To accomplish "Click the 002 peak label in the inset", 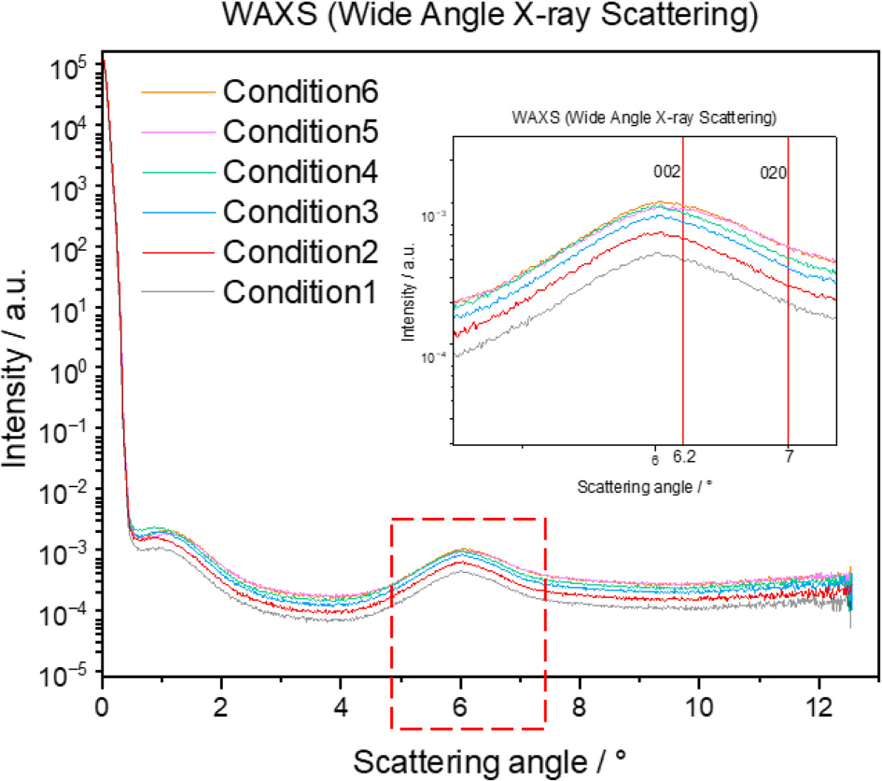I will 666,172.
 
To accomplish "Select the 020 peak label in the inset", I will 773,172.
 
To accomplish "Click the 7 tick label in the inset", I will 789,458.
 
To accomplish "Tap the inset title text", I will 646,119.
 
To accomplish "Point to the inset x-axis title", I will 637,486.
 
